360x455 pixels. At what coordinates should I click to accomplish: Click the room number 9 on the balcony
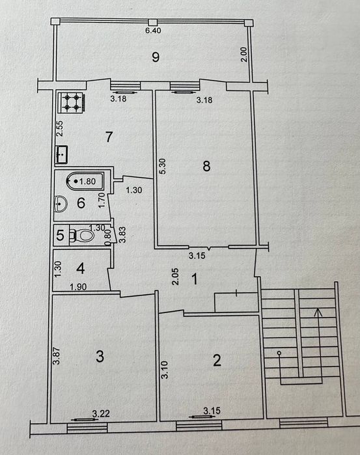point(155,57)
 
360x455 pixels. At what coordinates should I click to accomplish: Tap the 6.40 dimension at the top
point(152,31)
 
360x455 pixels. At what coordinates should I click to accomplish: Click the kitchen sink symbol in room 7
point(63,156)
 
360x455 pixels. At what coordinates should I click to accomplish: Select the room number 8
point(206,166)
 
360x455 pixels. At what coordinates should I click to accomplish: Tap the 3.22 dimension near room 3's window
point(101,413)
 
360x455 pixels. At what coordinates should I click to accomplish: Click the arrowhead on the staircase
point(317,313)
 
